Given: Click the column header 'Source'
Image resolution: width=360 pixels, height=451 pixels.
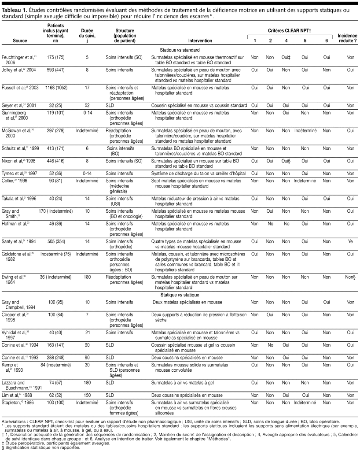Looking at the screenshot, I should point(19,41).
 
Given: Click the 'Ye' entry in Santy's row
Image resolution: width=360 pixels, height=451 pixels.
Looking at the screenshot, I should point(350,241).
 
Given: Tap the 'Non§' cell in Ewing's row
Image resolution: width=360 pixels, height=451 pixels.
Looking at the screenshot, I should point(350,277).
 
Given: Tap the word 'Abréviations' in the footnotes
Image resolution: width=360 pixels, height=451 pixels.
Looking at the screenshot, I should point(15,421).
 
